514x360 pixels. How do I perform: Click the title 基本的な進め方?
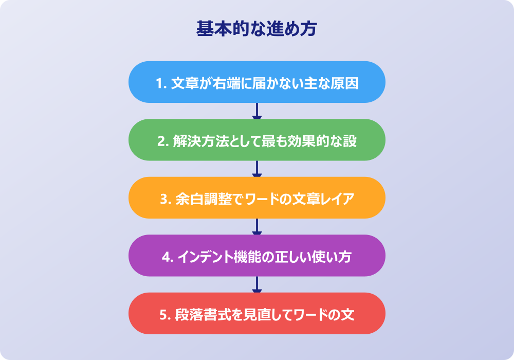point(256,29)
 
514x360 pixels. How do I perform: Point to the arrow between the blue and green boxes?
point(257,111)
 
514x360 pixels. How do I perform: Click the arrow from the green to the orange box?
point(257,169)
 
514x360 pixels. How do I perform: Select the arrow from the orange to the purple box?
point(257,227)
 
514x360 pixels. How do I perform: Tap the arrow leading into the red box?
point(257,284)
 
